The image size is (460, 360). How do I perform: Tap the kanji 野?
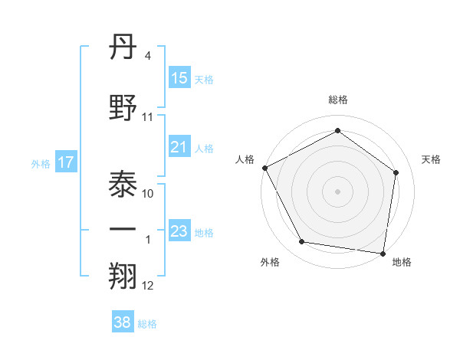[x=124, y=107]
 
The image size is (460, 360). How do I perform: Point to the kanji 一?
[x=124, y=231]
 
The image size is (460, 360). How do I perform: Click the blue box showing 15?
[x=179, y=78]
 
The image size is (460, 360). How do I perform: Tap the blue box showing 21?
[x=179, y=148]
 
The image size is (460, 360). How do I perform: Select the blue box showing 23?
[x=179, y=231]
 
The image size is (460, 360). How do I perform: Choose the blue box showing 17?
[x=65, y=162]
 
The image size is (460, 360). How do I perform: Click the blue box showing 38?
[x=123, y=323]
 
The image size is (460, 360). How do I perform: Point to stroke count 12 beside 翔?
[x=148, y=286]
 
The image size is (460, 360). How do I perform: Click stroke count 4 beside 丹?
[x=148, y=56]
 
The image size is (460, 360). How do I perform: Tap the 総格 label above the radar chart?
[x=338, y=100]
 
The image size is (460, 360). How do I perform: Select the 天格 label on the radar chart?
[x=432, y=159]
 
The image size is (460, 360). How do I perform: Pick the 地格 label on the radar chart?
[x=402, y=262]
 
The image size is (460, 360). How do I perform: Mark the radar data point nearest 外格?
[x=302, y=242]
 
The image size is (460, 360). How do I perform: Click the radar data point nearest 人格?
[x=264, y=168]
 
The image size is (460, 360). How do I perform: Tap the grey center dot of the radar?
[x=338, y=191]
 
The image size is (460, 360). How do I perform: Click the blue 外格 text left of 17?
[x=41, y=163]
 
